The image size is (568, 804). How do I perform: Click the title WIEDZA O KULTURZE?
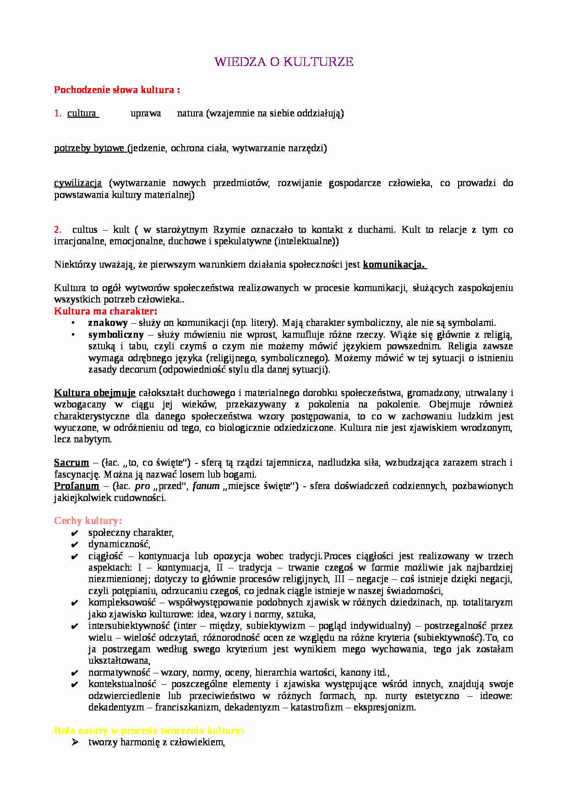coord(284,62)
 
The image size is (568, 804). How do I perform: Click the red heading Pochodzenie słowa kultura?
coord(117,90)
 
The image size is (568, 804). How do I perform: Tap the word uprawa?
coord(146,113)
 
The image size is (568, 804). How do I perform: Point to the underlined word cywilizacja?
coord(78,183)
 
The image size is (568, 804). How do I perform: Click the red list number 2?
coord(58,230)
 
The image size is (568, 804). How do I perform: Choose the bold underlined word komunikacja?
coord(393,264)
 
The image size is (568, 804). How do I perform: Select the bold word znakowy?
coord(108,323)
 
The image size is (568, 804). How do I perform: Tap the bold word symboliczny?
coord(116,335)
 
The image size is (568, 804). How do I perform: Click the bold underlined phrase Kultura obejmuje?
coord(95,393)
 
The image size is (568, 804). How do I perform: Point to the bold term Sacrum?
coord(71,463)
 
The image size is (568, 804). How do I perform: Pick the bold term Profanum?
coord(76,486)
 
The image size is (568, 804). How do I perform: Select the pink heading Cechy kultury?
coord(88,521)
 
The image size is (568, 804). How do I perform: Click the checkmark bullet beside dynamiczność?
coord(75,545)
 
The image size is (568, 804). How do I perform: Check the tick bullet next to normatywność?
coord(75,673)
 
